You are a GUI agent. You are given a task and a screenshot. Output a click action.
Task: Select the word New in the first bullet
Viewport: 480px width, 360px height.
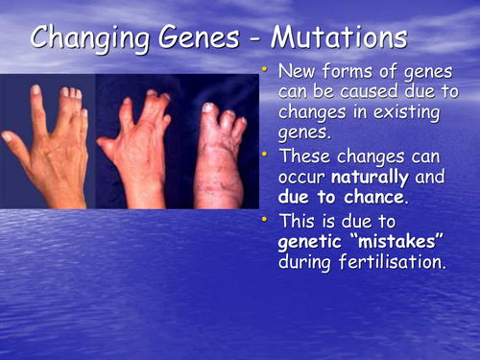tap(296, 72)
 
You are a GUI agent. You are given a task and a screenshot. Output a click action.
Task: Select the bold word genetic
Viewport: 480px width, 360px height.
tap(305, 243)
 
